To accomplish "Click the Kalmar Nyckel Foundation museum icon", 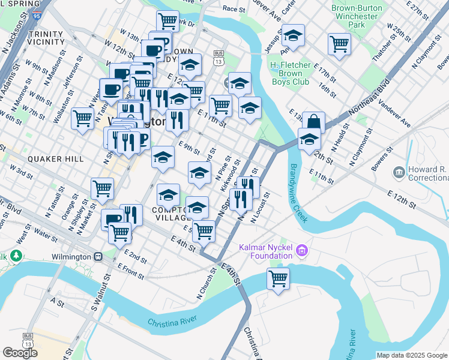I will [x=302, y=250].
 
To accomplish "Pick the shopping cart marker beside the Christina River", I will [x=278, y=278].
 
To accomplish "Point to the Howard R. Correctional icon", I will [x=398, y=173].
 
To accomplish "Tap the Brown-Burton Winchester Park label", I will [x=357, y=17].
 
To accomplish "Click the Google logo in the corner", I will [x=20, y=353].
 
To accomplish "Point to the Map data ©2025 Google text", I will [x=411, y=355].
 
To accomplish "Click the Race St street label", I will [x=234, y=9].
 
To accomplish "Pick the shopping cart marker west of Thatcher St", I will [x=340, y=44].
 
